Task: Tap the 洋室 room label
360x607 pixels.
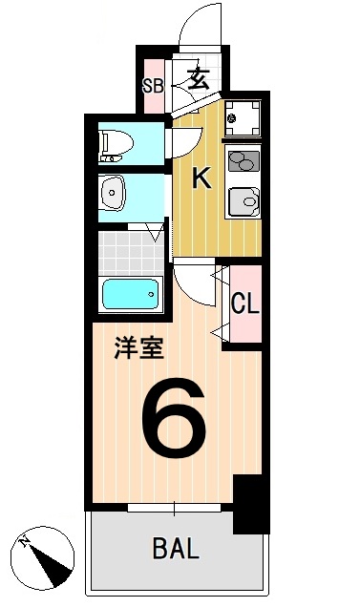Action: tap(138, 346)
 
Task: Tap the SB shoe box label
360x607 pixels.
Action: tap(153, 85)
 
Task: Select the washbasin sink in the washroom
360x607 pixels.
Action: tap(115, 195)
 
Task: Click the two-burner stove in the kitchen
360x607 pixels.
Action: tap(244, 161)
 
